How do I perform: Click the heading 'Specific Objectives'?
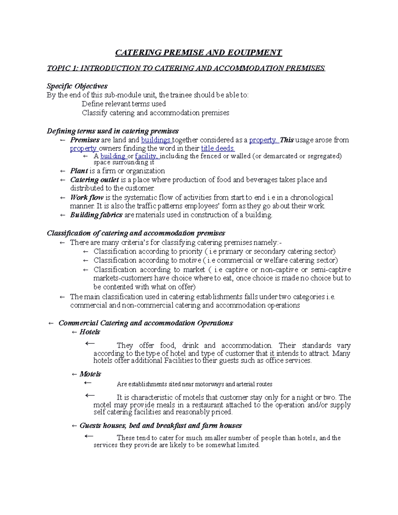[77, 86]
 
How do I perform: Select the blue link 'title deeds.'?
[218, 149]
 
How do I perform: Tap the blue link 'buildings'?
[156, 140]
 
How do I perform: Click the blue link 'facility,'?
[147, 156]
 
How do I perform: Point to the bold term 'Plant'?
[79, 171]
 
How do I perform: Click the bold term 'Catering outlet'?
[95, 180]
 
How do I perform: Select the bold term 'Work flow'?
[87, 198]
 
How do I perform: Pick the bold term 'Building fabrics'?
[96, 215]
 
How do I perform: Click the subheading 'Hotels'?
[90, 332]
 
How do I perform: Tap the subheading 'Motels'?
[90, 374]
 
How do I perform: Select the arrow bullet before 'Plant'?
[63, 171]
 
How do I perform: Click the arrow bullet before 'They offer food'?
[90, 344]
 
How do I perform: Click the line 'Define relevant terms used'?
[124, 104]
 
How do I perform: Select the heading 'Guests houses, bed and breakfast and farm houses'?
[161, 426]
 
